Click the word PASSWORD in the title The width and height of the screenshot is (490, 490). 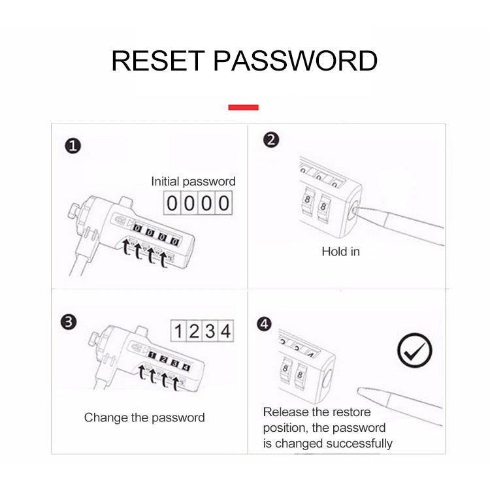(x=296, y=60)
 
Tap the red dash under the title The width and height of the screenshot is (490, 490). (x=243, y=107)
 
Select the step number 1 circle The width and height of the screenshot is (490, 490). (x=73, y=146)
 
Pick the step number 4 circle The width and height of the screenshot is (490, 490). (x=264, y=324)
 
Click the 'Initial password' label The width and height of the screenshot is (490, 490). (x=193, y=182)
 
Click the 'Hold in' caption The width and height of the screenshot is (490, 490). (x=340, y=252)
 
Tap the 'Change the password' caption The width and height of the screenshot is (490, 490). (x=144, y=417)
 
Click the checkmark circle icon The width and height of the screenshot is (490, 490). (x=415, y=352)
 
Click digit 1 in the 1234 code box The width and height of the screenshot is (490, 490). (x=178, y=331)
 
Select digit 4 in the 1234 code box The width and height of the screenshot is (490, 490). (x=225, y=331)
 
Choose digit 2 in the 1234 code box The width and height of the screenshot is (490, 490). (x=194, y=331)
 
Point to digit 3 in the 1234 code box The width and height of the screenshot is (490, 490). (x=210, y=331)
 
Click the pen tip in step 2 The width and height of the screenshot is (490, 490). (x=359, y=210)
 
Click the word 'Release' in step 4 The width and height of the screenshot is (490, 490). (x=284, y=412)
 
